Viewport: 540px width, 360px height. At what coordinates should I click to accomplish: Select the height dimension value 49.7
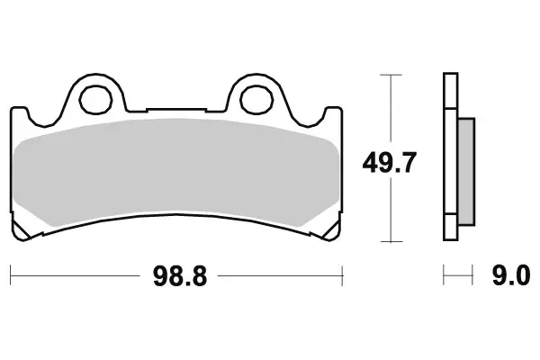tap(390, 165)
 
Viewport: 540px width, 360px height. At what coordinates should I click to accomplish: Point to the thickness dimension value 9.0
tap(510, 276)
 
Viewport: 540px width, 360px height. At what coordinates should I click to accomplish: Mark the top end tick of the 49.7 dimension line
tap(389, 75)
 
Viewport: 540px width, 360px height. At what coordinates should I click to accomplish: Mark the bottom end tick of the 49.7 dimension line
tap(389, 241)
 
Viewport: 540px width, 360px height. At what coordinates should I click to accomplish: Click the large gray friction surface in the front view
tap(176, 171)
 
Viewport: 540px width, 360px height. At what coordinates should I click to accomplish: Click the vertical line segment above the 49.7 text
tap(389, 108)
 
